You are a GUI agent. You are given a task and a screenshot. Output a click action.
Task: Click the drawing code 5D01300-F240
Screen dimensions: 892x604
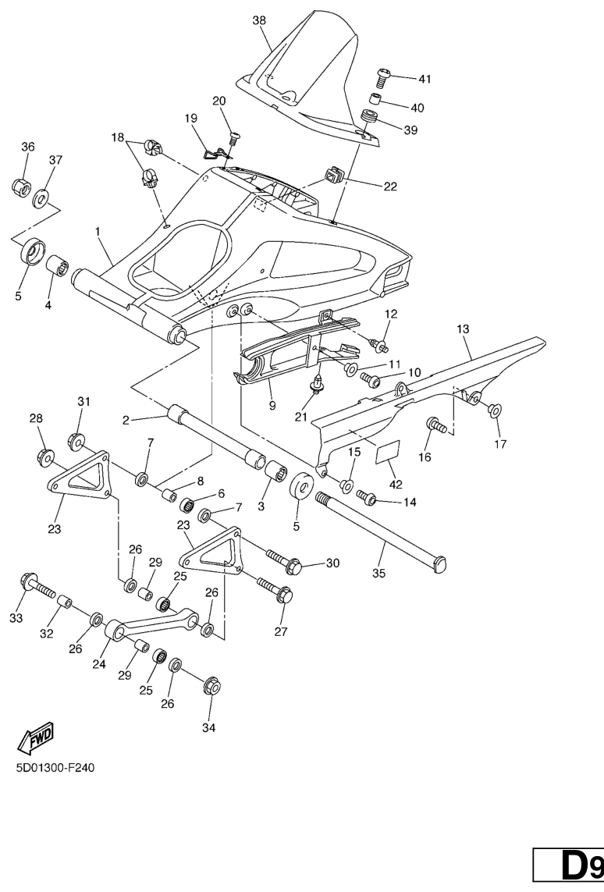click(55, 768)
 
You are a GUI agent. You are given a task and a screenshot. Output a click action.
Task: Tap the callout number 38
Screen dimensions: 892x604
click(260, 21)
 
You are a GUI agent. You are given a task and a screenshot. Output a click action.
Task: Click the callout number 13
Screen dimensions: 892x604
click(463, 329)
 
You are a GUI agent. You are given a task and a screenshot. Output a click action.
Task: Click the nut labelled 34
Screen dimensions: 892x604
click(211, 687)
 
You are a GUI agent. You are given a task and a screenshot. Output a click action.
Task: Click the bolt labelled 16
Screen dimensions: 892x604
click(435, 426)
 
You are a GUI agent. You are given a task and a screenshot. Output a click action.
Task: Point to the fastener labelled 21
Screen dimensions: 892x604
click(318, 383)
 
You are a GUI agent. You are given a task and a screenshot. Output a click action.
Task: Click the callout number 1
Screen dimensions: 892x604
click(98, 231)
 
